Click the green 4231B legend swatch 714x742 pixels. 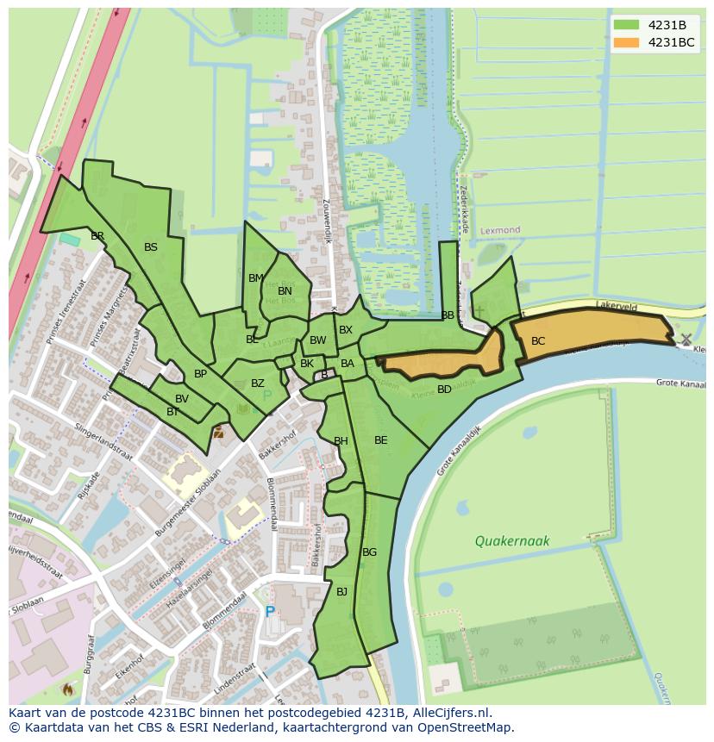626,24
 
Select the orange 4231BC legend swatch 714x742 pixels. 626,42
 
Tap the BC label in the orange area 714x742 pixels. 538,341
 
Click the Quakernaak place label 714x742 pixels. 511,541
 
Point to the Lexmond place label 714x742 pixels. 501,231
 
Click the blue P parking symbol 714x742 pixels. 270,611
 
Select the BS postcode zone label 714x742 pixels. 151,247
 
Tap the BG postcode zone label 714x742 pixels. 369,552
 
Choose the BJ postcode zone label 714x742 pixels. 341,591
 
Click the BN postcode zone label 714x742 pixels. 285,291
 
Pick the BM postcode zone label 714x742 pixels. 255,278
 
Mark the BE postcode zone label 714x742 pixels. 380,440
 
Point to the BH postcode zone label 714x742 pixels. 341,441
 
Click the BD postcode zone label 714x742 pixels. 444,390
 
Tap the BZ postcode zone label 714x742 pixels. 258,383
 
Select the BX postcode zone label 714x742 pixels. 346,330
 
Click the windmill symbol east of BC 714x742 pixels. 686,340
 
